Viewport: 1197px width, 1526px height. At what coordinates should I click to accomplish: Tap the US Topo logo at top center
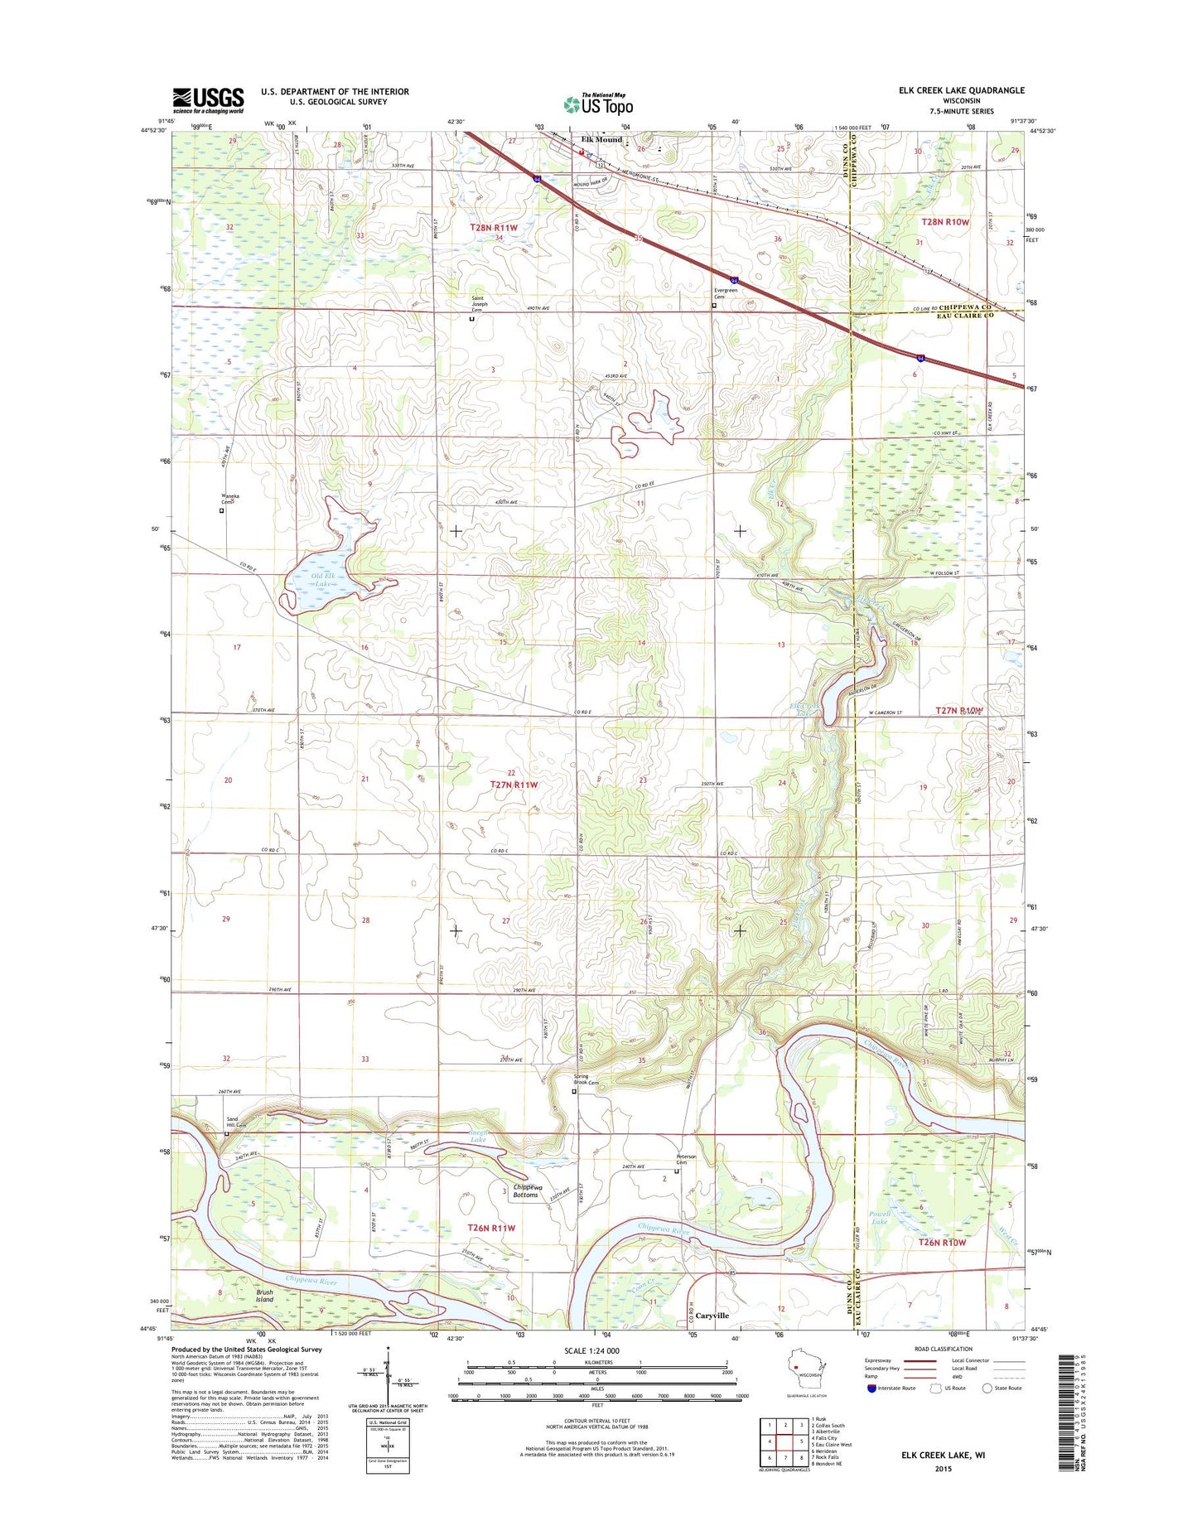[598, 104]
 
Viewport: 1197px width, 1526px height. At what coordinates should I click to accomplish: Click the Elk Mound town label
[601, 139]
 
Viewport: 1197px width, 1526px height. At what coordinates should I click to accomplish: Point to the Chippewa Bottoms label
[525, 1190]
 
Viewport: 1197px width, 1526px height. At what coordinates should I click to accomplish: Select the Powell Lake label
[879, 1218]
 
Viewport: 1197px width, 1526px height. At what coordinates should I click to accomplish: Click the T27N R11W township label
[514, 784]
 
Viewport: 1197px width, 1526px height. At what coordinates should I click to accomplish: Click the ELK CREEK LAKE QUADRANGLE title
[961, 90]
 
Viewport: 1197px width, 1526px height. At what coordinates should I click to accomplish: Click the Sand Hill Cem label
[237, 1122]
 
